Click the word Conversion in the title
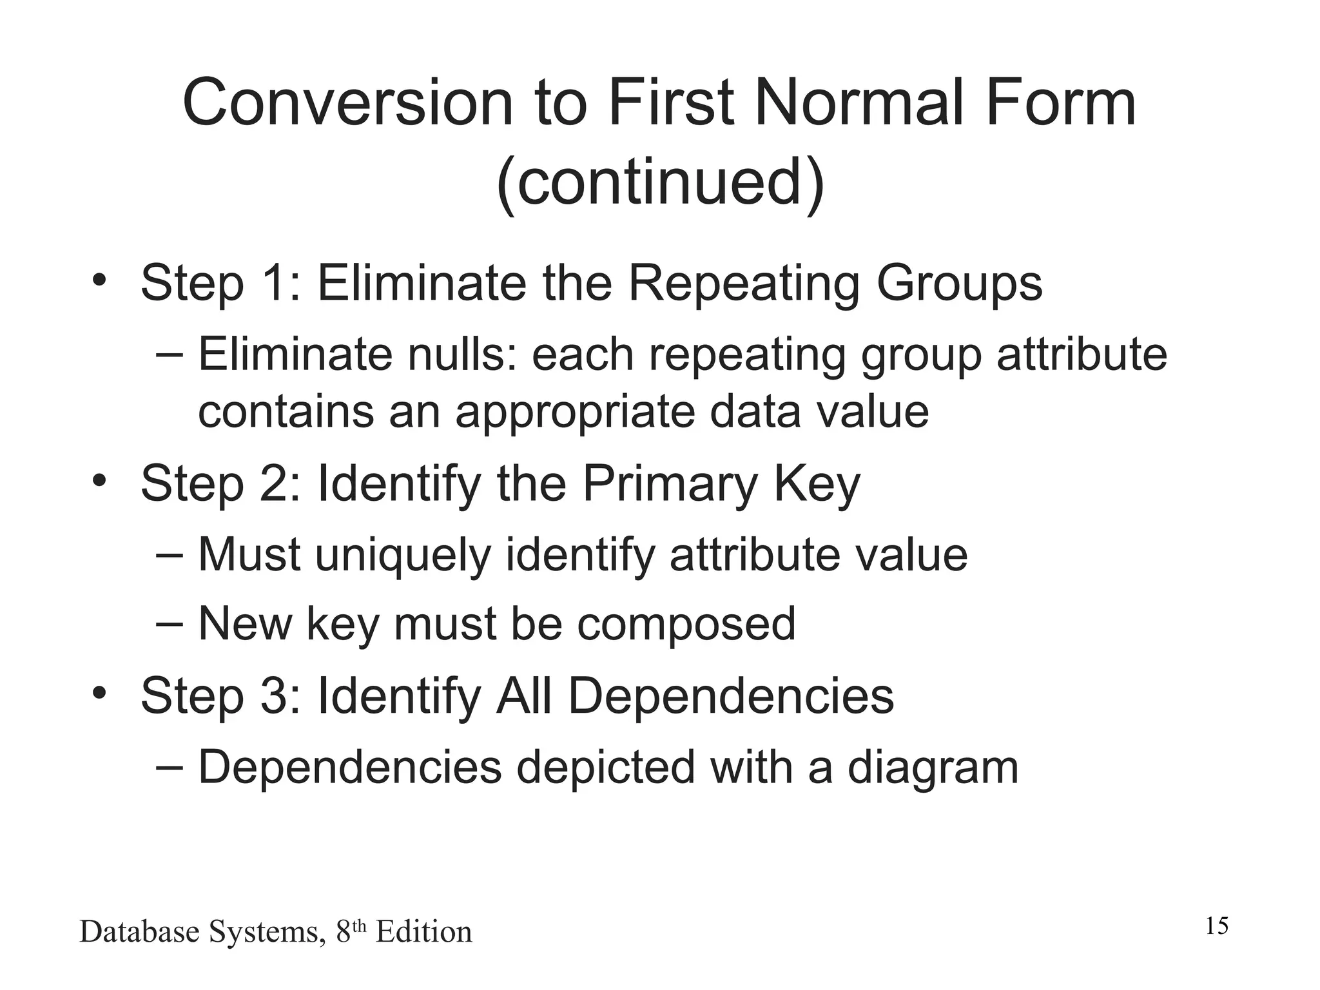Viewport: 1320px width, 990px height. [347, 103]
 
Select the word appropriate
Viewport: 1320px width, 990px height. [575, 413]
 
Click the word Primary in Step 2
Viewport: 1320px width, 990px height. [670, 485]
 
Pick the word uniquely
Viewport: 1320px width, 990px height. [403, 556]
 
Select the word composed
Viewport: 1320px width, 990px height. [686, 625]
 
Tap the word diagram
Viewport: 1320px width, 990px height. [933, 768]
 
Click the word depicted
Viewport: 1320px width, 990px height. [606, 768]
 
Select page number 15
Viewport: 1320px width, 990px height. [1216, 926]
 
